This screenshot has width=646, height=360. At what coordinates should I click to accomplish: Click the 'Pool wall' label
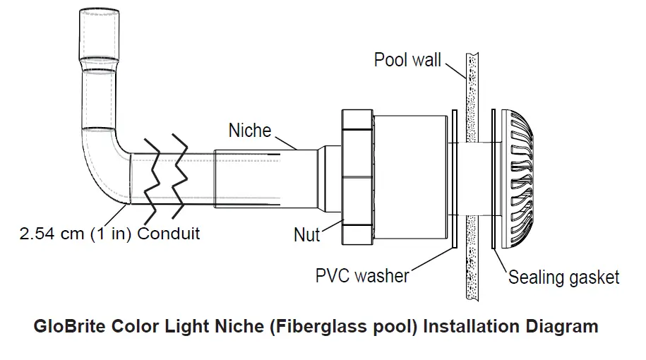click(x=407, y=59)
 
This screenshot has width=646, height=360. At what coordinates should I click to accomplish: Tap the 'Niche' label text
click(x=249, y=131)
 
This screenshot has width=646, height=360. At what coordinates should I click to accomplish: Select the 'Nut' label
click(x=306, y=234)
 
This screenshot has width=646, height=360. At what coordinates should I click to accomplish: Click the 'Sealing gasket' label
click(x=563, y=277)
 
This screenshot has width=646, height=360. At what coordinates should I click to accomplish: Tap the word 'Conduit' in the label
click(x=169, y=233)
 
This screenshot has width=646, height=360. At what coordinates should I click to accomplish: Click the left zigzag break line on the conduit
click(x=150, y=176)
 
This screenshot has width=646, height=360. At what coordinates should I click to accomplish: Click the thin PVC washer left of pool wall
click(x=453, y=179)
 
